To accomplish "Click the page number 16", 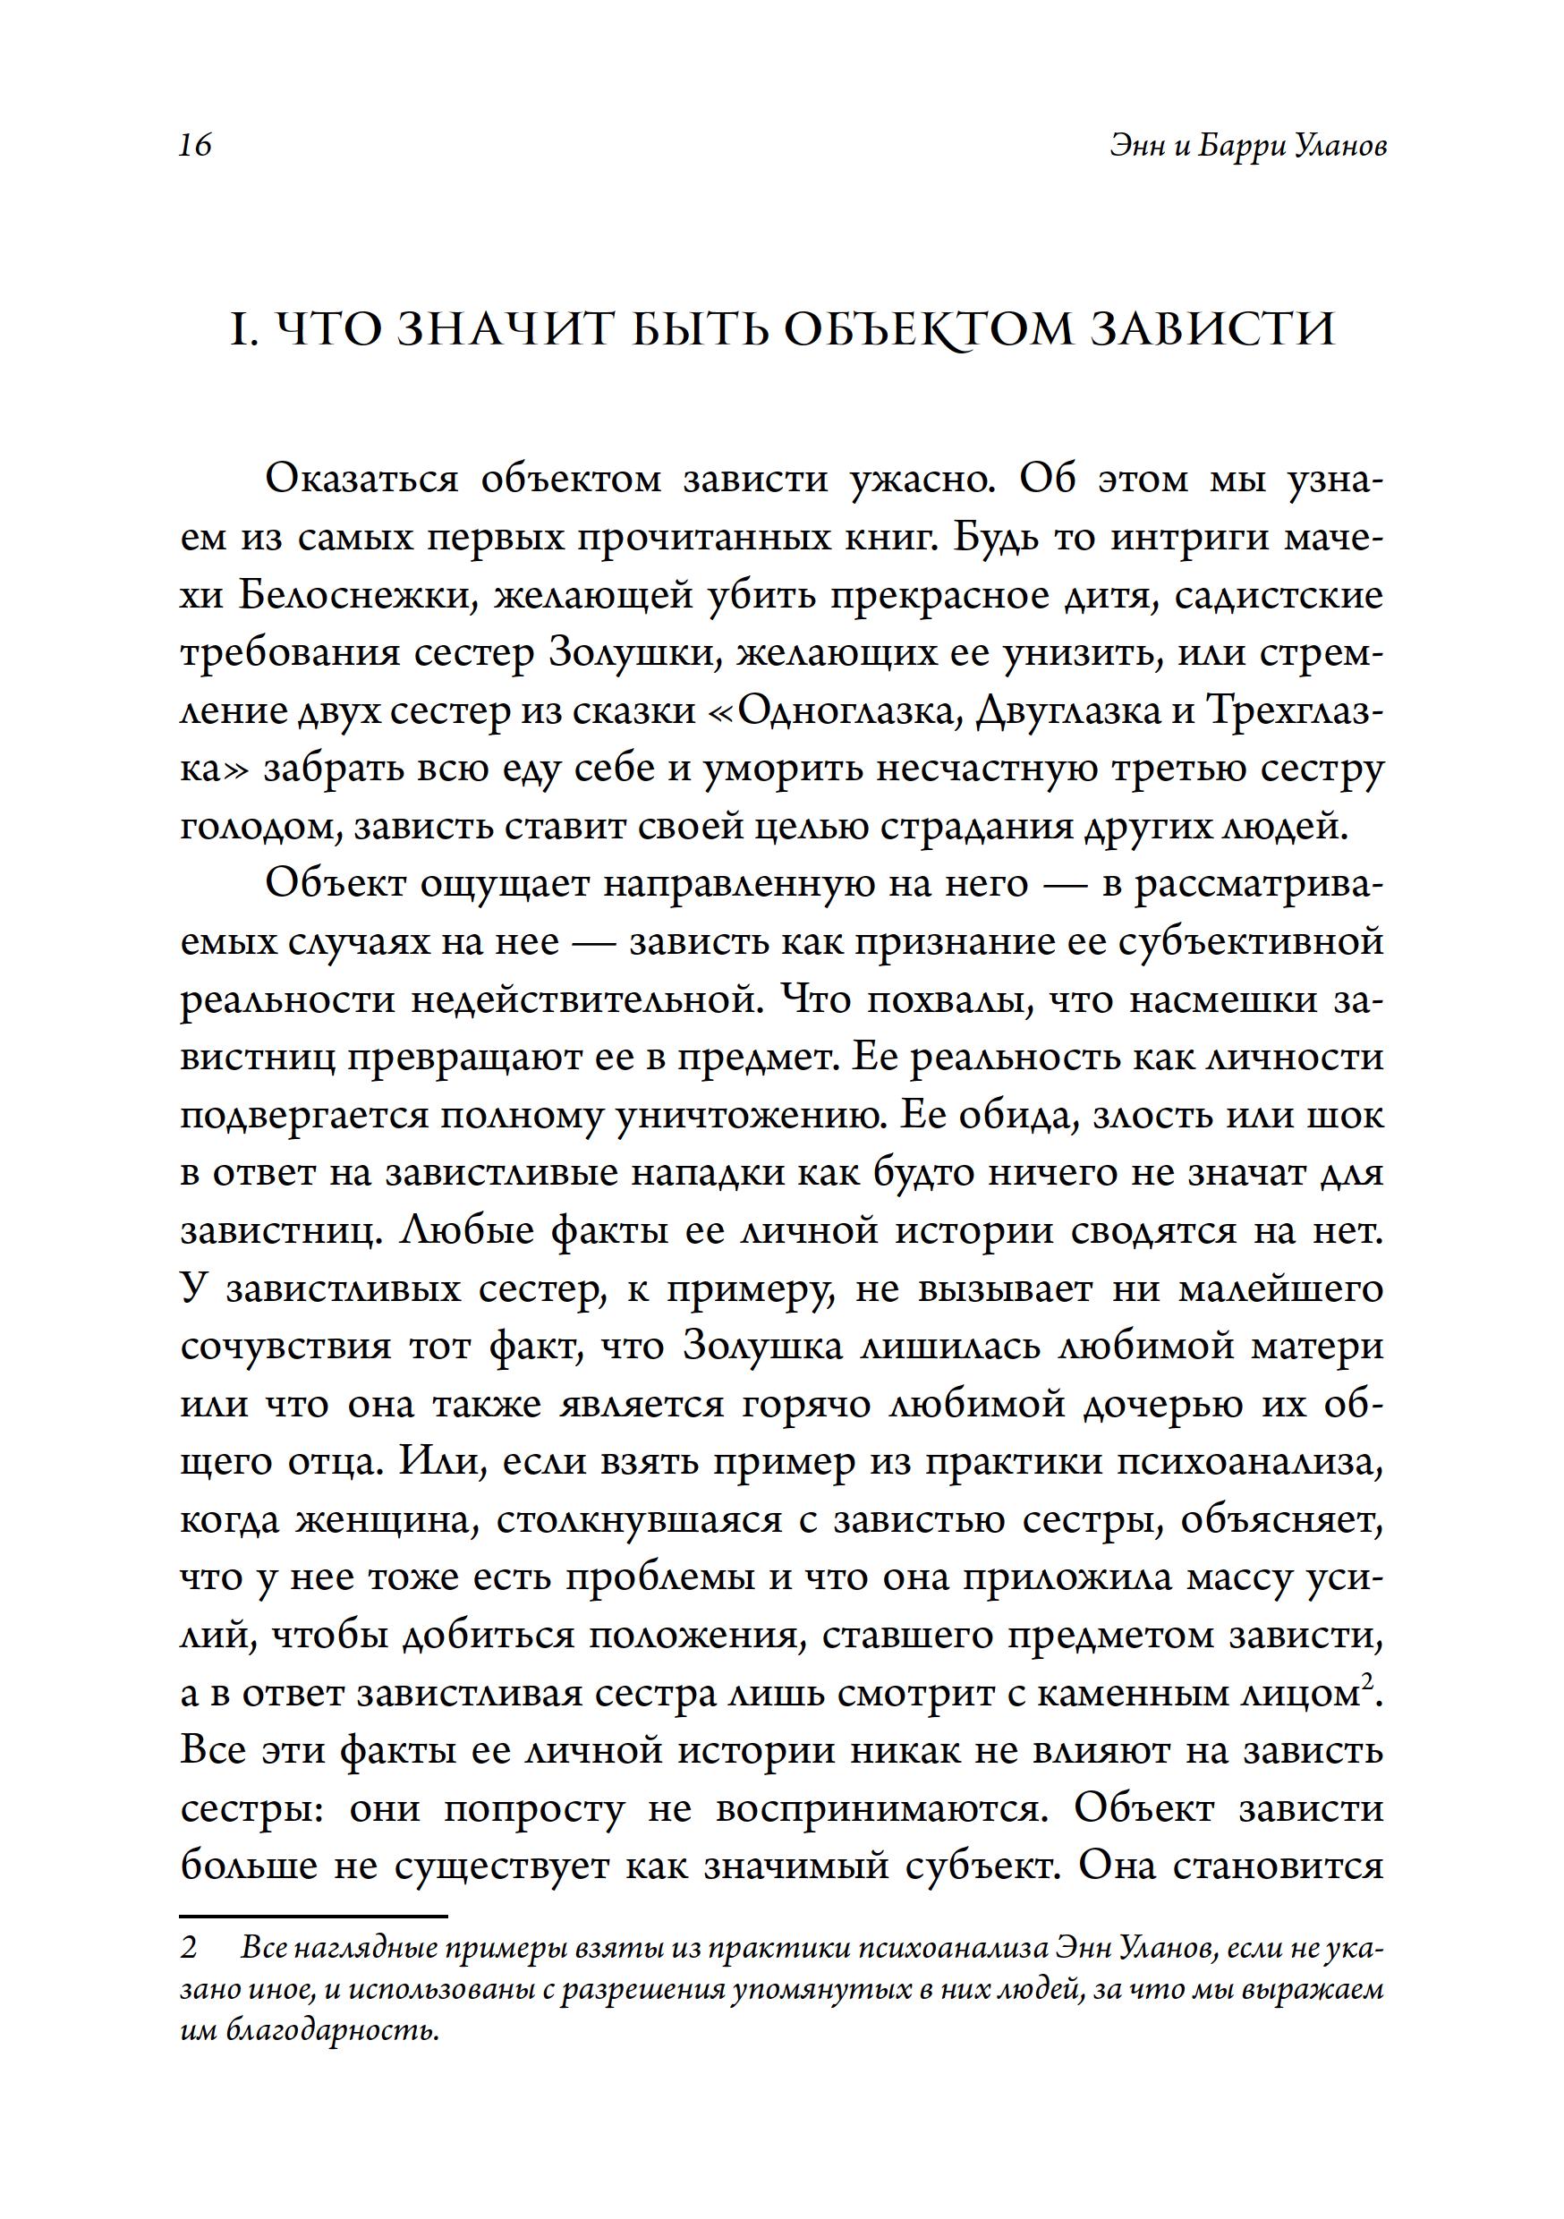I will (x=194, y=146).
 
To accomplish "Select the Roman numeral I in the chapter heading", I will (x=237, y=330).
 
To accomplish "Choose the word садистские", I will (x=1279, y=595).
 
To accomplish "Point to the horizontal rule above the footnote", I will (x=314, y=1915).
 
